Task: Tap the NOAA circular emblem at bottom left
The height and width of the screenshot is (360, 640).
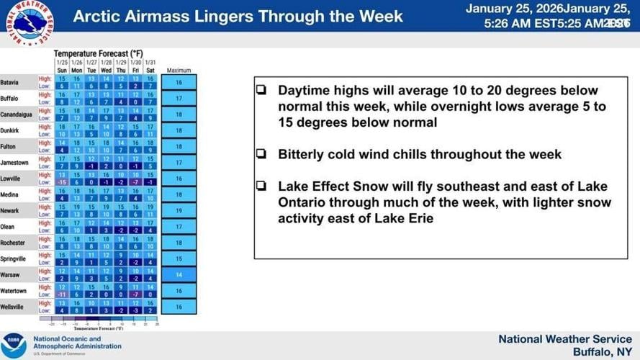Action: pyautogui.click(x=13, y=345)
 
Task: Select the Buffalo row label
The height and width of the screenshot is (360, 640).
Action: pyautogui.click(x=10, y=98)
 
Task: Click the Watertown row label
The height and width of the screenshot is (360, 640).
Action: pyautogui.click(x=14, y=290)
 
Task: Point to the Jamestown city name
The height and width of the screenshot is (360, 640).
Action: pyautogui.click(x=14, y=162)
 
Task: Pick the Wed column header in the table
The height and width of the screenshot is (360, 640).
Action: pyautogui.click(x=106, y=71)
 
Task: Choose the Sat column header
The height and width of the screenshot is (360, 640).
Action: pyautogui.click(x=150, y=71)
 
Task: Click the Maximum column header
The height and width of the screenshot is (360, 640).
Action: pyautogui.click(x=178, y=71)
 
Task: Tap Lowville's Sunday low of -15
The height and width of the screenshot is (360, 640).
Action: pyautogui.click(x=62, y=182)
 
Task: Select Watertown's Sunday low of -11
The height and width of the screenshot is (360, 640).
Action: pyautogui.click(x=62, y=294)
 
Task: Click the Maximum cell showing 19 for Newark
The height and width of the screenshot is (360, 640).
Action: pyautogui.click(x=178, y=210)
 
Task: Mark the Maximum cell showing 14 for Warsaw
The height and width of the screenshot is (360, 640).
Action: pyautogui.click(x=178, y=274)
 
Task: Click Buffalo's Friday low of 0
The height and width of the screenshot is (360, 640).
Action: pyautogui.click(x=135, y=102)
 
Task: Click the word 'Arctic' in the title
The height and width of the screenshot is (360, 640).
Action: pyautogui.click(x=97, y=16)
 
